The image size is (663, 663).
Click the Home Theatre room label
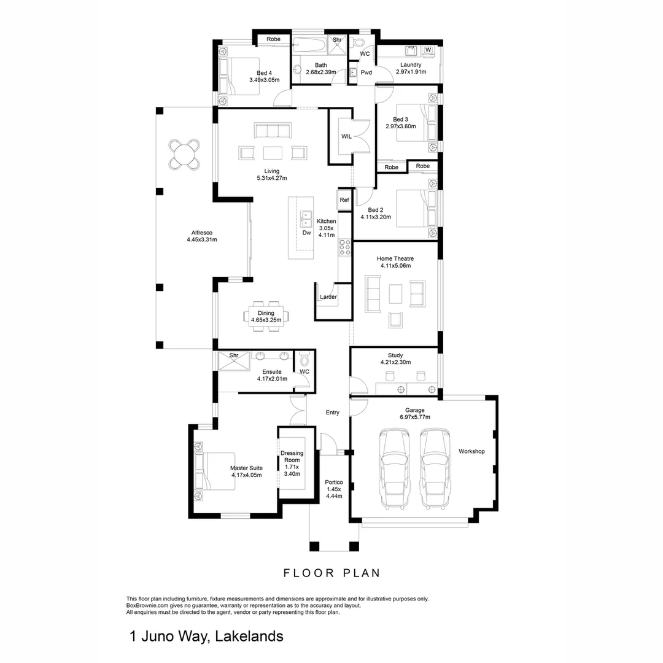[395, 258]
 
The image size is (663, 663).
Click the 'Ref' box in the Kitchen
[344, 200]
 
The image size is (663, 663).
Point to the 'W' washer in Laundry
[428, 50]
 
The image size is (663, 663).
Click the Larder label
[328, 297]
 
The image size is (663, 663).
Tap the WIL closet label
[346, 137]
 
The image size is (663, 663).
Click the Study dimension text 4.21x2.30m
[395, 363]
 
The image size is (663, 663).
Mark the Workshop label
[471, 452]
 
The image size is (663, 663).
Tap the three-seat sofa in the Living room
[272, 130]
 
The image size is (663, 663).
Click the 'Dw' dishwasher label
[306, 233]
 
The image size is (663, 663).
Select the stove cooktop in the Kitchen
[344, 247]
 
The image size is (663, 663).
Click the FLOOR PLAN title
[331, 573]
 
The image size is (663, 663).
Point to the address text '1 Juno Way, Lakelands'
[206, 636]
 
